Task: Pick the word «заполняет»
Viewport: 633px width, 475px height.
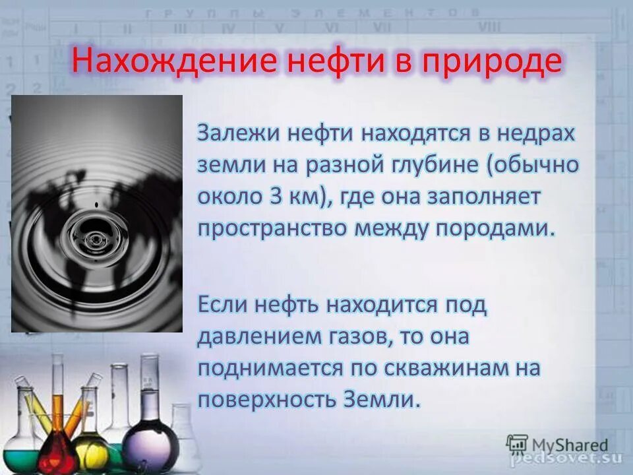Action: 488,197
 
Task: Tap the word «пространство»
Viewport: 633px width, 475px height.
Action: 271,228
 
